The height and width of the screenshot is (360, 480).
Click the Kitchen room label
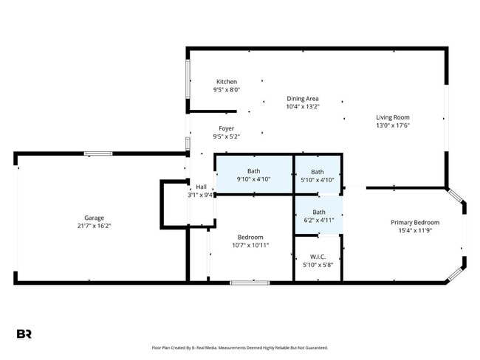coord(227,82)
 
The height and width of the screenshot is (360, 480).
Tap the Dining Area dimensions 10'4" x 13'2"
coord(303,107)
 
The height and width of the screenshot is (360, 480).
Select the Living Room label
coord(393,117)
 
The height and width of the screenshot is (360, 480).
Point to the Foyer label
coord(226,128)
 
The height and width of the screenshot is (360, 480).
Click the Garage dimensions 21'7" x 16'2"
coord(94,226)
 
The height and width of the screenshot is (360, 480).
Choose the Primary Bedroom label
coord(415,222)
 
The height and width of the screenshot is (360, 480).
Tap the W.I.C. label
coord(318,257)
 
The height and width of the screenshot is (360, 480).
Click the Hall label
coord(201,187)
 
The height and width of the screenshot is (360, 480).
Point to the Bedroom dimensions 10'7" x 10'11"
coord(250,246)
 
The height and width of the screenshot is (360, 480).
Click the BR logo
coord(24,334)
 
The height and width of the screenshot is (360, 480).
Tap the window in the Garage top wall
coord(98,153)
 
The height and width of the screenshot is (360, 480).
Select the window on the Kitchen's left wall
coord(188,79)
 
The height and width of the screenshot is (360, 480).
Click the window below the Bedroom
coord(250,283)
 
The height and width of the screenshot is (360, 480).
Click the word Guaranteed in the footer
coord(318,347)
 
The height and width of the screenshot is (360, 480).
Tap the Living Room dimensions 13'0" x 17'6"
coord(393,125)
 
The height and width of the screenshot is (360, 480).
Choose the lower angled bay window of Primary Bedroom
coord(454,274)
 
